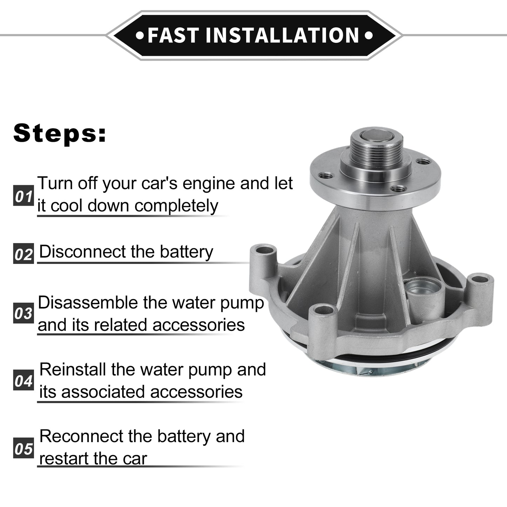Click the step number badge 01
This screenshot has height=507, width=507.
(x=24, y=195)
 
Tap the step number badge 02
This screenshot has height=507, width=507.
(x=24, y=254)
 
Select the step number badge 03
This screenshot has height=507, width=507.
(x=24, y=313)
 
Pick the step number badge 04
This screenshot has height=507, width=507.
(x=24, y=380)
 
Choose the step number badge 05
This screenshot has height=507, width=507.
(x=24, y=448)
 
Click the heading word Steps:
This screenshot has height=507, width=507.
(x=60, y=133)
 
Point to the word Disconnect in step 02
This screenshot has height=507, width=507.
(x=83, y=252)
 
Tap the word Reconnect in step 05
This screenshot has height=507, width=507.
(x=81, y=436)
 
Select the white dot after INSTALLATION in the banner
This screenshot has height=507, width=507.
(x=369, y=35)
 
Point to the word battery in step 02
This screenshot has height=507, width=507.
(x=186, y=252)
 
